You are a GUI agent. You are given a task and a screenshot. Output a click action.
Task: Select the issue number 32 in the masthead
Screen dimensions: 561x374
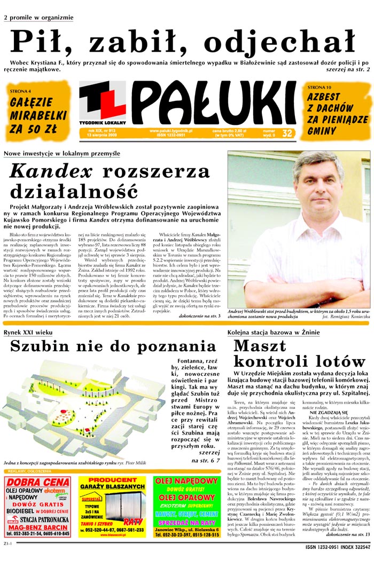tap(287, 133)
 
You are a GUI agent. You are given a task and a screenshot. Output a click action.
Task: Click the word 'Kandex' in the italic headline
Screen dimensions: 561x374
tap(52, 171)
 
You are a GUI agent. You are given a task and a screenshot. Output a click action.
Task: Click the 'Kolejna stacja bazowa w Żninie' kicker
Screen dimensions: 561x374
tap(273, 332)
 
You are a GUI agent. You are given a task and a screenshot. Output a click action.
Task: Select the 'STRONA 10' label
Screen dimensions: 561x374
tap(320, 86)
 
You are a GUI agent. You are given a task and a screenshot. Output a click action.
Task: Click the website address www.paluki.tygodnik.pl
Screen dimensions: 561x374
tap(171, 131)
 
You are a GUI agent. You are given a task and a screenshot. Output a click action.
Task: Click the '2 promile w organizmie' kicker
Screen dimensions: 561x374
tap(38, 17)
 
